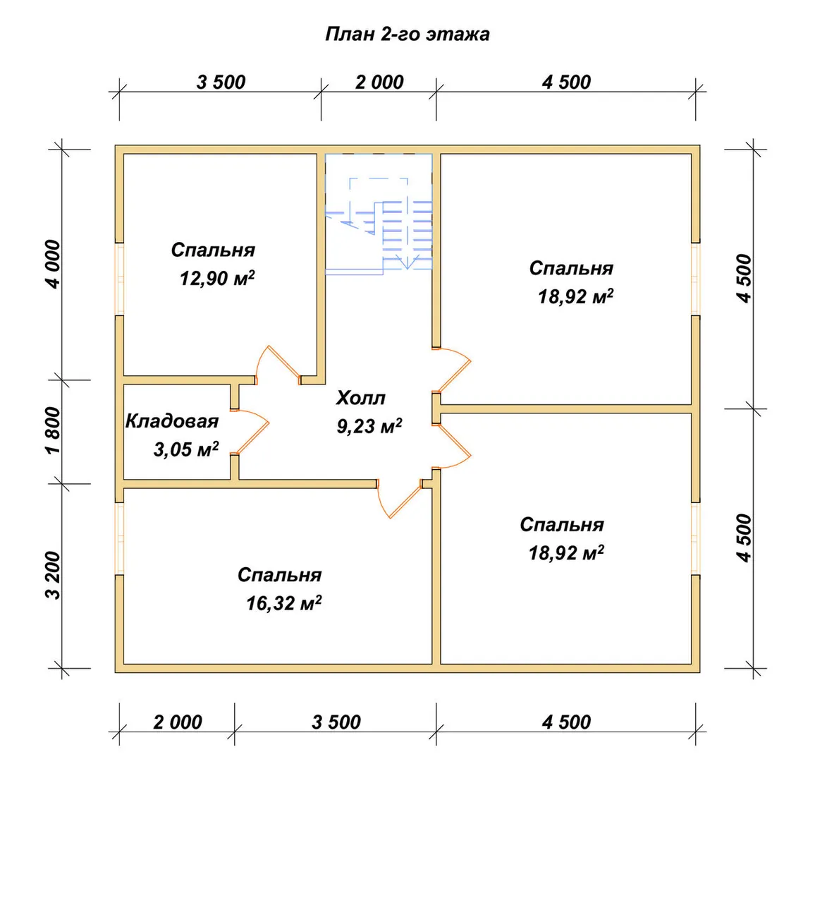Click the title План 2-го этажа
pos(407,34)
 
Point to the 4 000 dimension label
pos(53,265)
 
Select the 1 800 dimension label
pos(53,431)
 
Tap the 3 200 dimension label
pos(53,575)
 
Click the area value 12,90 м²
pos(217,278)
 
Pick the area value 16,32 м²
pos(283,603)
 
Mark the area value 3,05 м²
pos(186,449)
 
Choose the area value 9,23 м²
pos(369,426)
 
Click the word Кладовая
pos(172,421)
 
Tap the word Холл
pos(361,398)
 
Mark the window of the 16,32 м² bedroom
pos(120,538)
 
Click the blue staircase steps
pos(407,235)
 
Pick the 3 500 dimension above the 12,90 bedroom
pos(221,83)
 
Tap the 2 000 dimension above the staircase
pos(379,83)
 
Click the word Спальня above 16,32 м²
pos(279,575)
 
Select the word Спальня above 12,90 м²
pos(213,250)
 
